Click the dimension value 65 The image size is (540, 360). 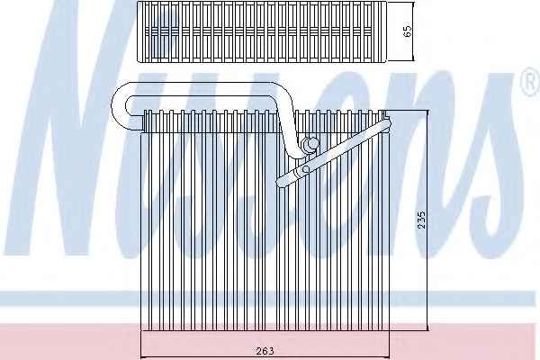407,31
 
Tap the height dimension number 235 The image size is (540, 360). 421,220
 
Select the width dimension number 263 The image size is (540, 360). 265,351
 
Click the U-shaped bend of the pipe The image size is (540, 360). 119,107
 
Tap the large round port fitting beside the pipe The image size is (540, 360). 311,144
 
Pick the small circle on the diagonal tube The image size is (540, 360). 305,169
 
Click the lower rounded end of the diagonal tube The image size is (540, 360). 283,183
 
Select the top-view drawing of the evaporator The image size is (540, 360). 262,31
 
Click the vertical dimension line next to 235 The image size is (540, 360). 427,220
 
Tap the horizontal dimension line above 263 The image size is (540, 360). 265,358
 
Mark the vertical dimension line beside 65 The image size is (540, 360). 412,31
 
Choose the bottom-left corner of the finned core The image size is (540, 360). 141,330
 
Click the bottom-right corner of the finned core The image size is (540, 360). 389,330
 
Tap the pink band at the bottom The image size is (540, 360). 270,342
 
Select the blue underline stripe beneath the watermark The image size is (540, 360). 270,298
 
